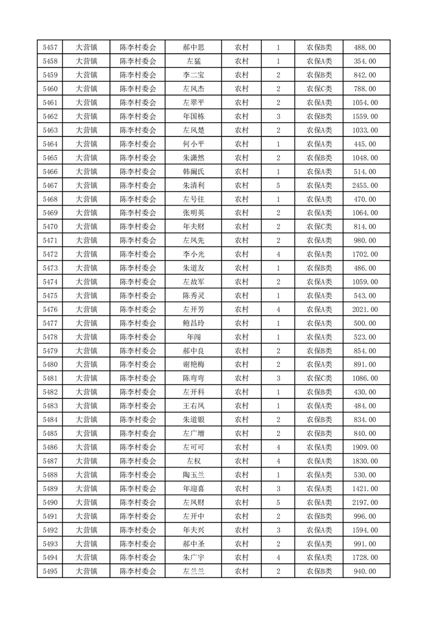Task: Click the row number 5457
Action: coord(50,48)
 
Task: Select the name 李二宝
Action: coord(194,75)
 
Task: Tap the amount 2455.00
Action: coord(365,186)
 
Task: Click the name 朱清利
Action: coord(194,186)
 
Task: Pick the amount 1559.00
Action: coord(365,117)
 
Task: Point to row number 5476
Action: coord(50,309)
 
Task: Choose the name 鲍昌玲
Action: coord(194,323)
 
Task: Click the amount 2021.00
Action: coord(365,309)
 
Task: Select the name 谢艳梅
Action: coord(194,365)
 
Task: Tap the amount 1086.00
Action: coord(365,379)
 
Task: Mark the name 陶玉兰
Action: coord(194,475)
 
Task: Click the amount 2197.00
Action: coord(365,502)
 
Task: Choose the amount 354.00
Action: coord(365,61)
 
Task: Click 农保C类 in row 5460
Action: coord(319,89)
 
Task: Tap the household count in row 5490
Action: coord(278,502)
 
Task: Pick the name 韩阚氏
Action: coord(194,172)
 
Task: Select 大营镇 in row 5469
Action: coord(86,213)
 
